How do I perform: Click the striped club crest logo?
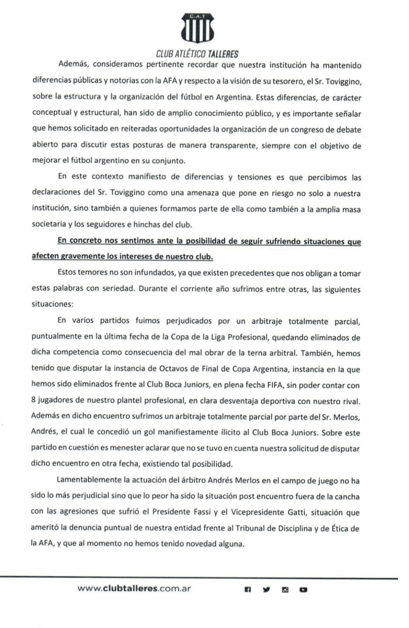[197, 29]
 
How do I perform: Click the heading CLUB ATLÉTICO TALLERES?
[197, 54]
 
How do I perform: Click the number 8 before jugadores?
[33, 401]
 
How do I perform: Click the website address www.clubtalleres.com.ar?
[134, 589]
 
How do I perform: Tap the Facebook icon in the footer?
[248, 589]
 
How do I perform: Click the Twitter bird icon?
[266, 589]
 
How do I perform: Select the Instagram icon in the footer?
[285, 589]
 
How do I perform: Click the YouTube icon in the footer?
[303, 589]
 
